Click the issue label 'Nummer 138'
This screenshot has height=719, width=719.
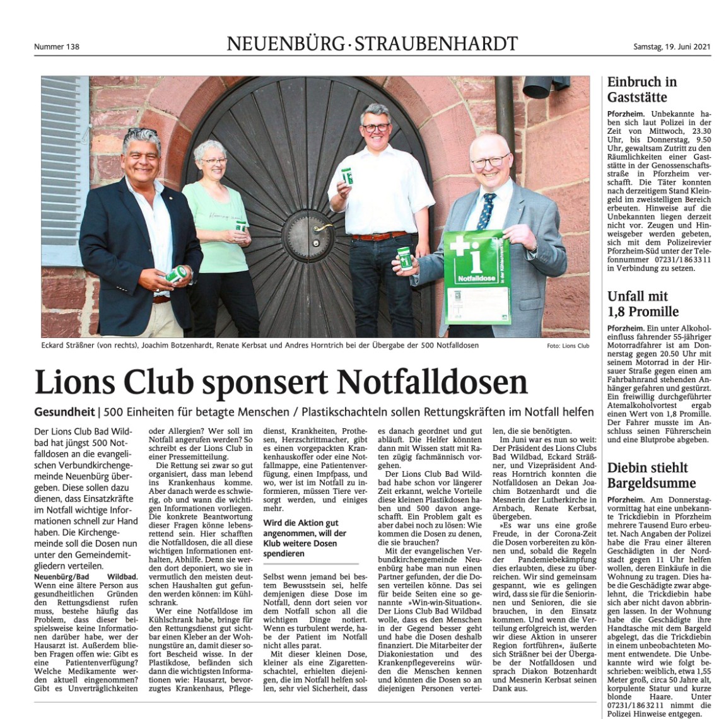[57, 46]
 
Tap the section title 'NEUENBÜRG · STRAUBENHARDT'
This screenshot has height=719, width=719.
[372, 44]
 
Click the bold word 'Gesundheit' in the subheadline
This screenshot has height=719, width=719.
[64, 412]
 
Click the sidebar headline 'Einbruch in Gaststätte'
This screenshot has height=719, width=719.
[642, 90]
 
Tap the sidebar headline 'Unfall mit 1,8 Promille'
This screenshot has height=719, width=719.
[643, 303]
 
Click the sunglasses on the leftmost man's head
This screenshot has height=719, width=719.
[140, 132]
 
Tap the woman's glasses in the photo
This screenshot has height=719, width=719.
[214, 162]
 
